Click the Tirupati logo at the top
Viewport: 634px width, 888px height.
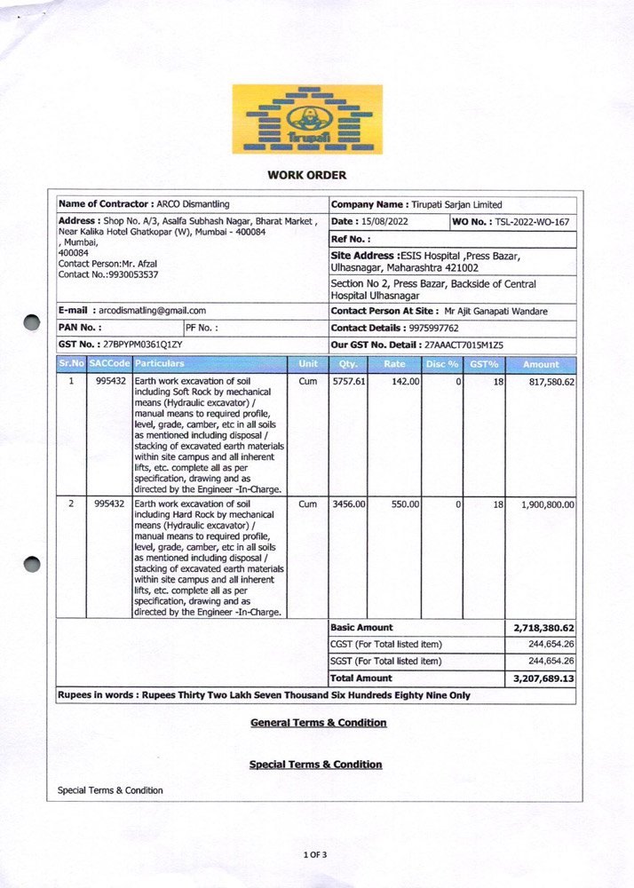(x=307, y=119)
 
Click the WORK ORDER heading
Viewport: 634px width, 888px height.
(x=306, y=175)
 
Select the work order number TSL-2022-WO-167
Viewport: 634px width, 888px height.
(x=532, y=221)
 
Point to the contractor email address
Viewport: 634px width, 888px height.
(x=152, y=311)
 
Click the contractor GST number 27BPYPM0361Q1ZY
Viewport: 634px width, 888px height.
(x=143, y=343)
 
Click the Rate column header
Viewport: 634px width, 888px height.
(x=394, y=364)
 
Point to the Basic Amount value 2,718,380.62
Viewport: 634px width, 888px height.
(x=543, y=628)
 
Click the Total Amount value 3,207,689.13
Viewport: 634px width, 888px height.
(x=543, y=678)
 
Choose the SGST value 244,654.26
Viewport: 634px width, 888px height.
(x=551, y=662)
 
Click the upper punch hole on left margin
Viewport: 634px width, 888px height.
(x=32, y=322)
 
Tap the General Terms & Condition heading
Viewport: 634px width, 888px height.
(x=318, y=723)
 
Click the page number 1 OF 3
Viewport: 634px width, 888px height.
(x=315, y=854)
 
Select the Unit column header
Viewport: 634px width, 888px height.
(x=308, y=364)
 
